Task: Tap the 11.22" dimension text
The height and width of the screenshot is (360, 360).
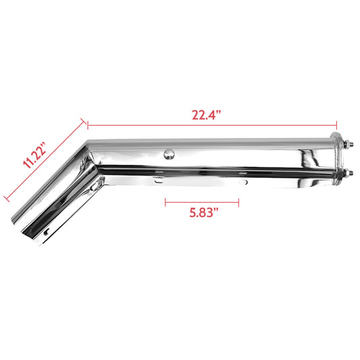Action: (x=33, y=155)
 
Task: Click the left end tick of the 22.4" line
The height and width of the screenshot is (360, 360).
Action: (x=88, y=124)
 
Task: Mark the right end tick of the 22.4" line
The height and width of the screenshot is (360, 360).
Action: (x=336, y=124)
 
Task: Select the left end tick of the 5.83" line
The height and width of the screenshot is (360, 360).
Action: (x=165, y=201)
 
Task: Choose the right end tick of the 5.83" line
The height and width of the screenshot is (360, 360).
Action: (x=238, y=201)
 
